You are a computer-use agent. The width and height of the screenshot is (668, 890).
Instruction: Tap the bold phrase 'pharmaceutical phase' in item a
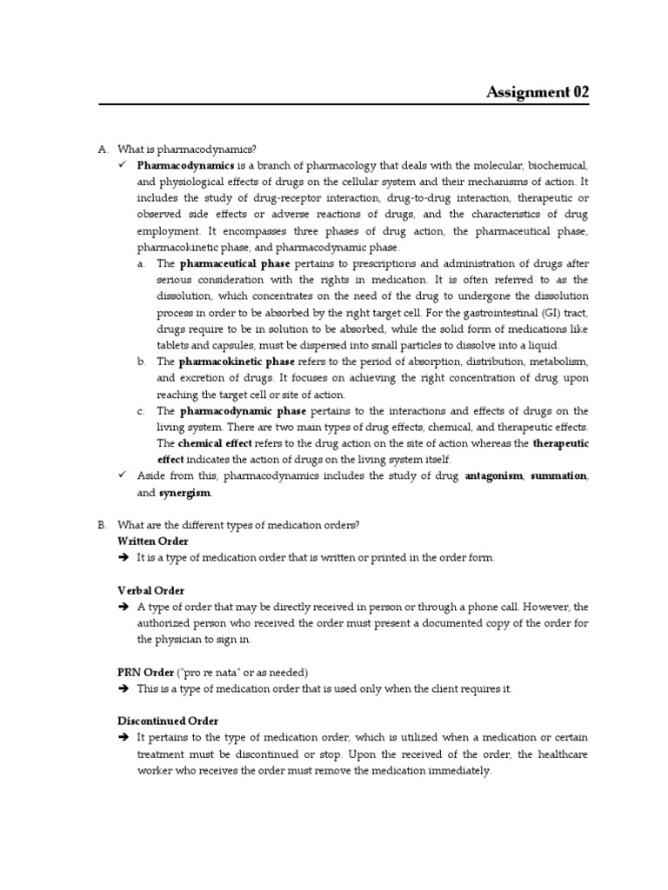[x=235, y=263]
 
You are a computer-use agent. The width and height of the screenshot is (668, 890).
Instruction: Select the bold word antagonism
[x=494, y=476]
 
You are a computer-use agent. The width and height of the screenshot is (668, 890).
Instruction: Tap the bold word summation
[x=558, y=476]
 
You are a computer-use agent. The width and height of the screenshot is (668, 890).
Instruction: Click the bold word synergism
[x=184, y=493]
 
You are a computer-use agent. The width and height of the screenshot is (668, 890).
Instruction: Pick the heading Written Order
[x=153, y=541]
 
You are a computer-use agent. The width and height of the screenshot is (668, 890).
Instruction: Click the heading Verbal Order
[x=150, y=590]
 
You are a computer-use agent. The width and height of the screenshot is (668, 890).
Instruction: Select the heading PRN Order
[x=146, y=672]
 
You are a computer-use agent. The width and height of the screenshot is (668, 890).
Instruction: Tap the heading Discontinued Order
[x=168, y=721]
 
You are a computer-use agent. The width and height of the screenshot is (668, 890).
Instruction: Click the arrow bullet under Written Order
[x=123, y=558]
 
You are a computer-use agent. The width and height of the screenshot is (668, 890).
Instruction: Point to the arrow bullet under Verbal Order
[x=123, y=607]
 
